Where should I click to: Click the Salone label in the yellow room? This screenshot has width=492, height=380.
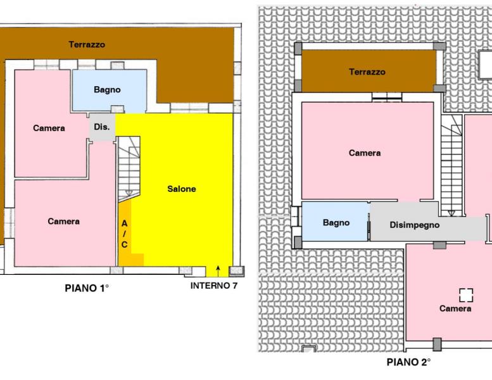click(x=182, y=189)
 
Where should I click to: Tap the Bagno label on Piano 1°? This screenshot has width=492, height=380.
click(x=107, y=90)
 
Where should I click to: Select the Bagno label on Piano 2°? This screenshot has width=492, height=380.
click(x=336, y=223)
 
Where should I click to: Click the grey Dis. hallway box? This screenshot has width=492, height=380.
click(x=103, y=127)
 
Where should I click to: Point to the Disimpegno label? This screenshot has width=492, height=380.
click(x=415, y=225)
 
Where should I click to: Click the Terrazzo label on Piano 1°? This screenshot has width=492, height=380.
click(x=87, y=44)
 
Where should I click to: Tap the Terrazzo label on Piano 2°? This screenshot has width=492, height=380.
click(x=367, y=72)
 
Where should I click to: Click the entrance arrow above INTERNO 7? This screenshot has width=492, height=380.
click(x=218, y=271)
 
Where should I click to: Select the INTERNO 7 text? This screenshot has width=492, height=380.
click(x=213, y=286)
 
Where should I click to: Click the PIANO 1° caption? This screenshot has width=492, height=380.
click(x=87, y=288)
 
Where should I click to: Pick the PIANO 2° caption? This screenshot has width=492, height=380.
click(x=408, y=362)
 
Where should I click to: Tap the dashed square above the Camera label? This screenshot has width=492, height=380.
click(x=466, y=295)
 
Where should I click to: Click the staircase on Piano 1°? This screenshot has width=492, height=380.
click(x=129, y=169)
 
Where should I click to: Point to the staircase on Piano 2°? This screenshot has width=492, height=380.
click(x=451, y=165)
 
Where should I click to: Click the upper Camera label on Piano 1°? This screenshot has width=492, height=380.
click(x=49, y=128)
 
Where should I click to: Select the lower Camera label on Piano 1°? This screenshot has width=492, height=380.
click(x=64, y=221)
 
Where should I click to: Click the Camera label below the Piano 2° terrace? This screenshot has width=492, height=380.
click(x=365, y=153)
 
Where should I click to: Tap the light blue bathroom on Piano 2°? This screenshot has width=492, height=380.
click(x=336, y=222)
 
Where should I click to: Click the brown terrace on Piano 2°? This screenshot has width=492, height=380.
click(x=369, y=71)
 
